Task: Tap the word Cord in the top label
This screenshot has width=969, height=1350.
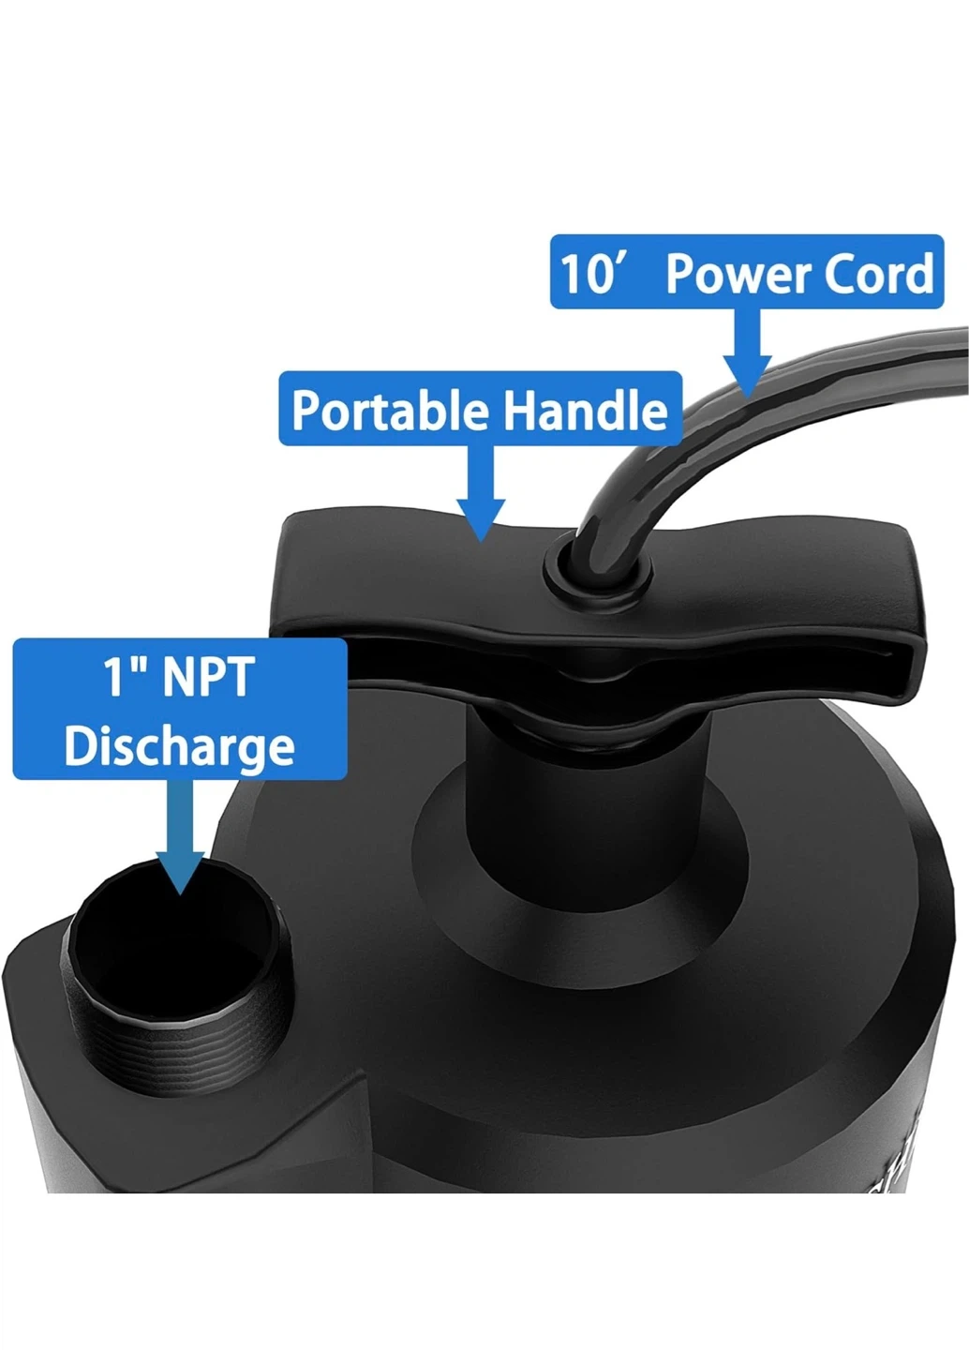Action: coord(879,274)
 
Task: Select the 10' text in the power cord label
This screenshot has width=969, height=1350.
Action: coord(591,274)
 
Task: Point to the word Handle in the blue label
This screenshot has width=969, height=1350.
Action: coord(586,410)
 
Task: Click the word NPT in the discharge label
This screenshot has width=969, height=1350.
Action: coord(205,678)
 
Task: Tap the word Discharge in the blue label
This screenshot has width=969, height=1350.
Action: coord(180,748)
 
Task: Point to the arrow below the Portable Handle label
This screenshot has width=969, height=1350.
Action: coord(481,494)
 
